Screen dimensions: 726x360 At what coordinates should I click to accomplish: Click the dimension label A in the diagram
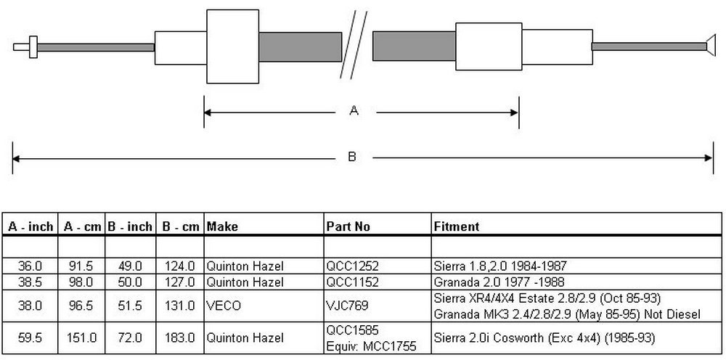coord(354,110)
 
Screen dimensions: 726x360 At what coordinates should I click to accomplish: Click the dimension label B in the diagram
coord(352,157)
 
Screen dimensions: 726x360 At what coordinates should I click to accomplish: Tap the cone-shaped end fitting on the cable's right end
coord(710,46)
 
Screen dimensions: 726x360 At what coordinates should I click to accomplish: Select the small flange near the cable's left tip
coord(33,47)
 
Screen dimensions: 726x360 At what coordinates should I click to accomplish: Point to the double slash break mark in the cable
coord(354,44)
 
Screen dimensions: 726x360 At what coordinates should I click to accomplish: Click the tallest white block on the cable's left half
coord(232,46)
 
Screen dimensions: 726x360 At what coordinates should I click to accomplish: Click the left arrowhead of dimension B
coord(16,159)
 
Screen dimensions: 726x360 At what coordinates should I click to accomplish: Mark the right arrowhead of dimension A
coord(515,112)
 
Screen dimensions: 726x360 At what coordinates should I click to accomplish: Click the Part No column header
coord(348,226)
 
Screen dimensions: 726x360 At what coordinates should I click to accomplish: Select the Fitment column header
coord(457,226)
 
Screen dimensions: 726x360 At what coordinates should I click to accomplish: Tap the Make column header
coord(222,226)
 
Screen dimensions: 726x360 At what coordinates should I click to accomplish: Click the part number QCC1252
coord(352,266)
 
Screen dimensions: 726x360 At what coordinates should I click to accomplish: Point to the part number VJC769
coord(347,306)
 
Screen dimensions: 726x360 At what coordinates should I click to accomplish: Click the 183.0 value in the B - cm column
coord(179,337)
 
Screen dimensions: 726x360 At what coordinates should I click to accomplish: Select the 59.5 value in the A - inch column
coord(30,337)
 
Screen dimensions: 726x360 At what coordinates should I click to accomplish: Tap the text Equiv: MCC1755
coord(371,345)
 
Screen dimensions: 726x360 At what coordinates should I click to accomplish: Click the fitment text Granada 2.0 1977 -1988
coord(499,282)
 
